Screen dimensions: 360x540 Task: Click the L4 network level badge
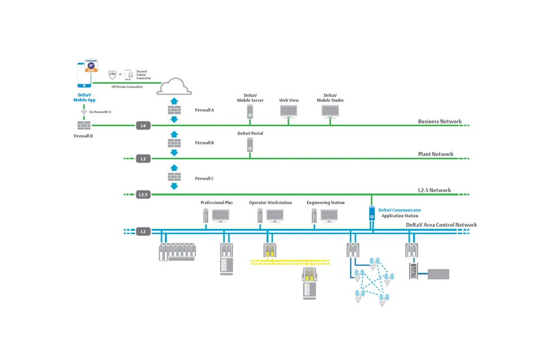point(143,125)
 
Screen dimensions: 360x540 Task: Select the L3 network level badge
point(143,159)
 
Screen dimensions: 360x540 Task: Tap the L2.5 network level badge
point(143,195)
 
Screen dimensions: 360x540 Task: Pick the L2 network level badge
point(143,231)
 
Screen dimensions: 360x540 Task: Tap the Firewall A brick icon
point(174,110)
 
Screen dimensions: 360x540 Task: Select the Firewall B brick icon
point(174,143)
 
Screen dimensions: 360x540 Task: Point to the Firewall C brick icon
point(174,178)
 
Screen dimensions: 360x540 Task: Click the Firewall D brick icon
point(84,125)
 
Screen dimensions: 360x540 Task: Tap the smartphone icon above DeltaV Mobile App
point(84,75)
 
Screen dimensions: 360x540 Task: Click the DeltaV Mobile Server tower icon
point(250,112)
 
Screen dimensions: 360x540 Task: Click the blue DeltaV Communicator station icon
point(372,213)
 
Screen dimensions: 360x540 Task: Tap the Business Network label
point(439,121)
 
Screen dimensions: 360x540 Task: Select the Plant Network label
point(435,154)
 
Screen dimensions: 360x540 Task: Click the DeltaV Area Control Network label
point(441,225)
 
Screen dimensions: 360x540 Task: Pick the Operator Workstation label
point(270,202)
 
